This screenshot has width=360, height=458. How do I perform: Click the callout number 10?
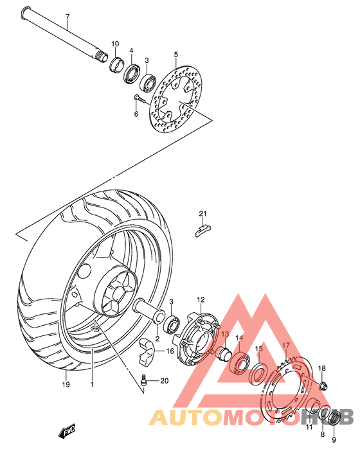pos(115,44)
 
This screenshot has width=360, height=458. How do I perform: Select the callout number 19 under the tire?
pos(65,385)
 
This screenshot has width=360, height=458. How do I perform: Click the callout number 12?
pos(201,299)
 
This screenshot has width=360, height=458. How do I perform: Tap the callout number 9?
pos(334,440)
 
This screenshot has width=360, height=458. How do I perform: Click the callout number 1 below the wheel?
pos(92,385)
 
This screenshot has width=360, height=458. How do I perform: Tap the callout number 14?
pos(239,339)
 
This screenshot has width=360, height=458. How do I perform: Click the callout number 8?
pos(323,434)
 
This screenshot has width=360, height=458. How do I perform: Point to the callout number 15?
pos(258,349)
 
